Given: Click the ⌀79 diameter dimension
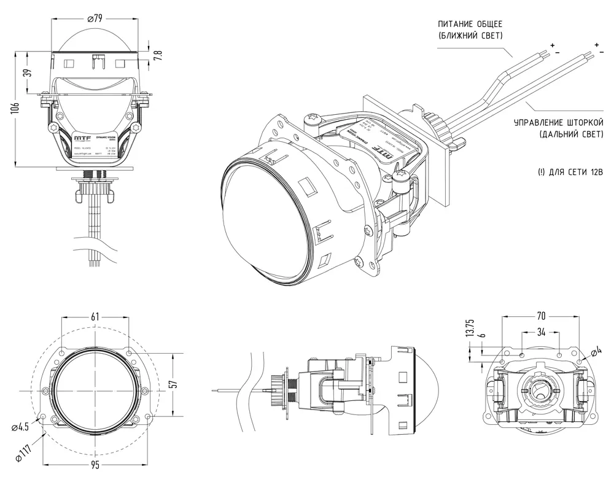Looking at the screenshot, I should pos(95,18).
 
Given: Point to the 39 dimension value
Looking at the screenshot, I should pos(26,72).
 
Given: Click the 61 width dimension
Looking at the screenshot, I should pos(95,317).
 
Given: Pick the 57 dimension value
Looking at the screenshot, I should pos(173,384).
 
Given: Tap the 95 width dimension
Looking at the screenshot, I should pos(95,465).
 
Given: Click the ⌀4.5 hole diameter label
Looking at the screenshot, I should pos(20,426).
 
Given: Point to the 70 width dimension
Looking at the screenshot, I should pos(541,316).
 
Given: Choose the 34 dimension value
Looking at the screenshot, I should pos(541,332).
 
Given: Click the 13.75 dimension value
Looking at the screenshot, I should pos(470,328).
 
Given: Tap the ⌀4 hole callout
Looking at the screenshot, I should pos(595,352).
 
